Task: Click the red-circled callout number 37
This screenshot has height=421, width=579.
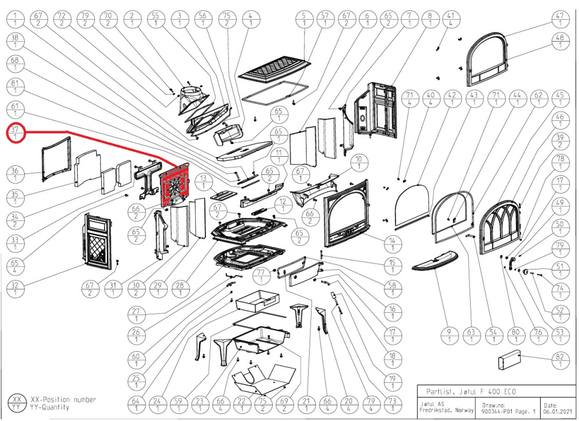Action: [16, 133]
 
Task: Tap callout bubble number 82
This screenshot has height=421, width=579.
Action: [559, 361]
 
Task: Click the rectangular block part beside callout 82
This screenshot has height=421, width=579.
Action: [510, 364]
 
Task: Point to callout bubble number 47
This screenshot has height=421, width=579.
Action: [559, 19]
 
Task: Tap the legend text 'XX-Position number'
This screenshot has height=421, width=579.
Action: [63, 400]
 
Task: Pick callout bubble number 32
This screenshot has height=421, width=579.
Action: [16, 287]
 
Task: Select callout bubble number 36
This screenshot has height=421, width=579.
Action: [16, 173]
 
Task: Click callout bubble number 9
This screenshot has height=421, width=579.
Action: [449, 335]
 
